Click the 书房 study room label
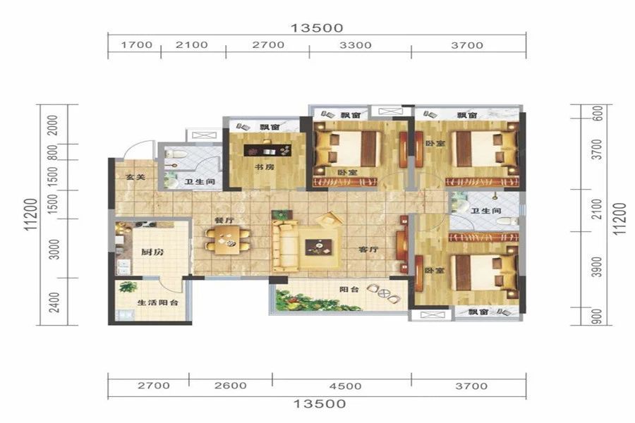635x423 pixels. (x=264, y=166)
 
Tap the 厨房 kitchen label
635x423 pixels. (x=152, y=252)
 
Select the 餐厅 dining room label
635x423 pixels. (x=224, y=221)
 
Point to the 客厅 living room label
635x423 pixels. (x=368, y=250)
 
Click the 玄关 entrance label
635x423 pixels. (x=135, y=177)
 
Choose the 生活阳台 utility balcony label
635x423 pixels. (x=158, y=302)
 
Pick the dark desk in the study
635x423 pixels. (x=267, y=150)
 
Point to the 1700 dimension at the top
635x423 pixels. (x=137, y=44)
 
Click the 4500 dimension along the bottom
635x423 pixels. (x=345, y=386)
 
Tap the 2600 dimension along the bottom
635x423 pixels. (x=231, y=386)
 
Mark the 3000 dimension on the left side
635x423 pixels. (x=54, y=249)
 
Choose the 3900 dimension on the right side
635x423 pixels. (x=596, y=266)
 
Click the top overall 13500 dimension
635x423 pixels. (x=317, y=28)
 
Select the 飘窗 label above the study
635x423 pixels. (x=270, y=127)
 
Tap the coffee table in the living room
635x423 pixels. (x=318, y=247)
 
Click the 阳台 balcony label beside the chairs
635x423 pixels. (x=349, y=290)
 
